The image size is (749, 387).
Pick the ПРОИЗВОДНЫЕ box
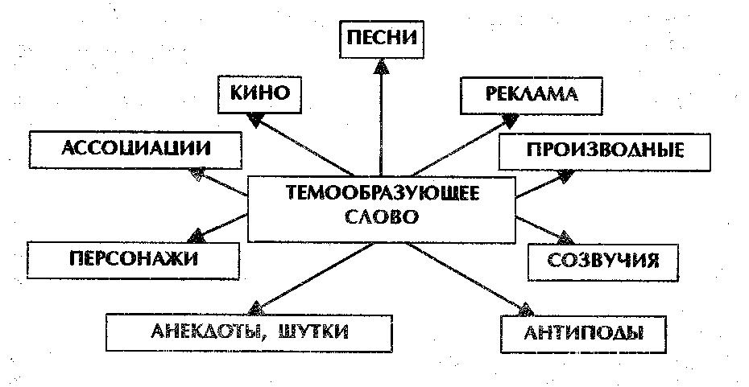coord(606,150)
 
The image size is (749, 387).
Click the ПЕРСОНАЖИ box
coord(133,259)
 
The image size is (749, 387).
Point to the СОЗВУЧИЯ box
coord(603,260)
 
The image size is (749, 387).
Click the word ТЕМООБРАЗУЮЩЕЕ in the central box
coord(381,194)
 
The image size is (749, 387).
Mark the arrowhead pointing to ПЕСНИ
coord(382,67)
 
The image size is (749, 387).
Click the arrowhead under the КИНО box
coord(255,119)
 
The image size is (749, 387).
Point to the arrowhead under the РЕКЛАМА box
coord(510,120)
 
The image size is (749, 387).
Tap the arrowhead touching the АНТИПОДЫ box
coord(525,307)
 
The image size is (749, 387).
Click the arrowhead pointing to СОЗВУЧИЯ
coord(565,239)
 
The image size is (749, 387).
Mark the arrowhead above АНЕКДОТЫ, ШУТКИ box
coord(255,307)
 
